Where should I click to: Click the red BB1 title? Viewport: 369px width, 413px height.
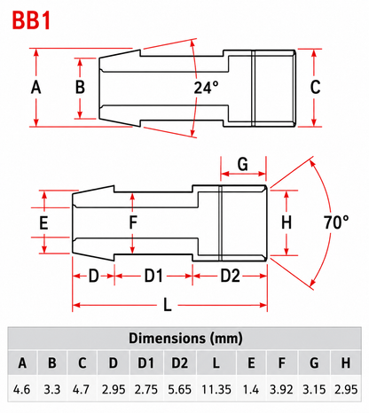pos(32,20)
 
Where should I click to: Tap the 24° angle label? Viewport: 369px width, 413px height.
pos(206,88)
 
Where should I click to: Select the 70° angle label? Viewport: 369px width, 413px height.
pos(336,222)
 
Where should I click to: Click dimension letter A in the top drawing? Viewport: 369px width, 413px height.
pos(36,88)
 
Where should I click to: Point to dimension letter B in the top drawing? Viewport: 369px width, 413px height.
pos(80,88)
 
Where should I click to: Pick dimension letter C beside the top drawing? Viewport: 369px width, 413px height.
pos(315,88)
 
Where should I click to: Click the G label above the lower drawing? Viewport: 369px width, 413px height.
pos(243,164)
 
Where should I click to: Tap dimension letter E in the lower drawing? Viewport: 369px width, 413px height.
pos(43,222)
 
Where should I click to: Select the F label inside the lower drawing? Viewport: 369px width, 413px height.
pos(133,222)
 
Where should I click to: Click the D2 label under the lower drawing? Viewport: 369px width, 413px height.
pos(230,277)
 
